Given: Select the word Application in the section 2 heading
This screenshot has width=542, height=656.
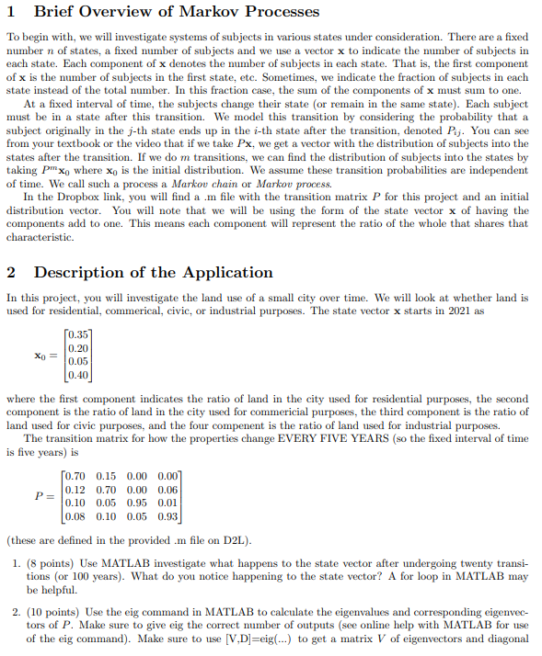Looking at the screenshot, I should (230, 272).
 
